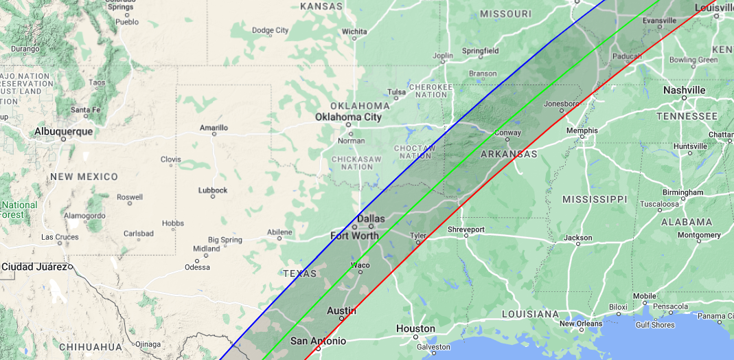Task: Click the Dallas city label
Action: pos(371,218)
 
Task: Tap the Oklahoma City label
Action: pos(348,117)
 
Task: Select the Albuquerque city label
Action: pos(65,131)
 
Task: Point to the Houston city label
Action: pos(415,328)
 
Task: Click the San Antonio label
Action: pos(318,341)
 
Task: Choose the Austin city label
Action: pos(341,311)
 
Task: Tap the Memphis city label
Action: pos(582,131)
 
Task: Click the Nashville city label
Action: pos(684,90)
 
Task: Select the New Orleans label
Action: pos(580,324)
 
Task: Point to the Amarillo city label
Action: pos(214,127)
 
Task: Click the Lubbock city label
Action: pos(212,190)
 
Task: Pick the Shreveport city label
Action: pos(466,229)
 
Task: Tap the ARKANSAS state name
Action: pos(508,154)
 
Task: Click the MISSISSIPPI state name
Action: pos(595,199)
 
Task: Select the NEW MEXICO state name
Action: pos(83,177)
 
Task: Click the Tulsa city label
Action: pos(396,92)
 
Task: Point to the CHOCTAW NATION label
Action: pos(415,152)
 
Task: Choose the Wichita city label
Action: pos(354,31)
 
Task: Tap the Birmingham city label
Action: pos(683,192)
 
